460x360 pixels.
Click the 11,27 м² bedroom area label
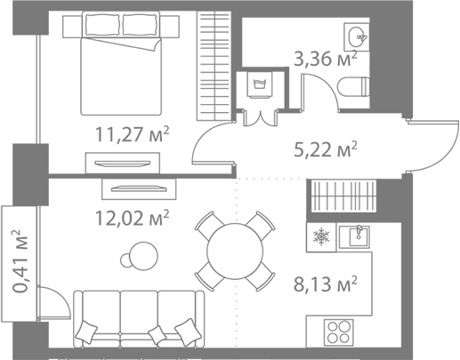[x=132, y=134]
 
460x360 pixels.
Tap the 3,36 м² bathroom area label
[x=326, y=58]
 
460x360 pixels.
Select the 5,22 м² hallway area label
[x=326, y=149]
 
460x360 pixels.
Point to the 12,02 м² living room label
[x=132, y=218]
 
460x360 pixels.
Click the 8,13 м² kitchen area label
[x=326, y=284]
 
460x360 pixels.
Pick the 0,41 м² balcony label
[x=20, y=260]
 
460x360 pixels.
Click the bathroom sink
[x=357, y=37]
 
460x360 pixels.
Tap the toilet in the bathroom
[x=353, y=87]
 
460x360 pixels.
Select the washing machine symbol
[x=261, y=84]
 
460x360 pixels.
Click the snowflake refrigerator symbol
[x=321, y=237]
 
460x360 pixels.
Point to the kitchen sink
[x=354, y=236]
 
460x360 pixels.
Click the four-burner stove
[x=339, y=332]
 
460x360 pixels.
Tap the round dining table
[x=235, y=252]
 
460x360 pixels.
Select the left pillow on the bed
[x=102, y=25]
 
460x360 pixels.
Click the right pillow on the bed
[x=140, y=25]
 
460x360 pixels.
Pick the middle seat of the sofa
[x=139, y=313]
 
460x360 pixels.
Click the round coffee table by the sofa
[x=143, y=256]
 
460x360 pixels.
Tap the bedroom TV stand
[x=123, y=163]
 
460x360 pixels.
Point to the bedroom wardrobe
[x=214, y=66]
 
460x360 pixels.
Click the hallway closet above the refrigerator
[x=343, y=196]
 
